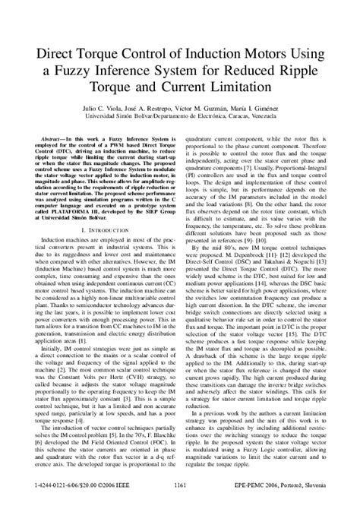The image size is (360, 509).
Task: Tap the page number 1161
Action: (181, 483)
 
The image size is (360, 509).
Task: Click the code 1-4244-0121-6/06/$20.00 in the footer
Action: (51, 483)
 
